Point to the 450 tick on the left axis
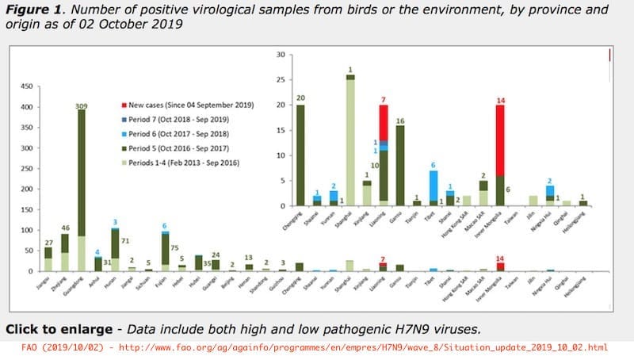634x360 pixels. [x=26, y=86]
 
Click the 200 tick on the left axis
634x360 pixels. [x=26, y=189]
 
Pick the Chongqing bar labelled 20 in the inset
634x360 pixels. [x=300, y=155]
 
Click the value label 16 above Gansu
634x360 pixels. [x=400, y=121]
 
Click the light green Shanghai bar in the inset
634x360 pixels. [x=350, y=143]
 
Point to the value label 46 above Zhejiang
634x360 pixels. [x=66, y=228]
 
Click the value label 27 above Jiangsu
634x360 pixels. [x=48, y=242]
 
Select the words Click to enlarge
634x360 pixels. [x=55, y=328]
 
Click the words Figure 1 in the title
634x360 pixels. [x=38, y=10]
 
